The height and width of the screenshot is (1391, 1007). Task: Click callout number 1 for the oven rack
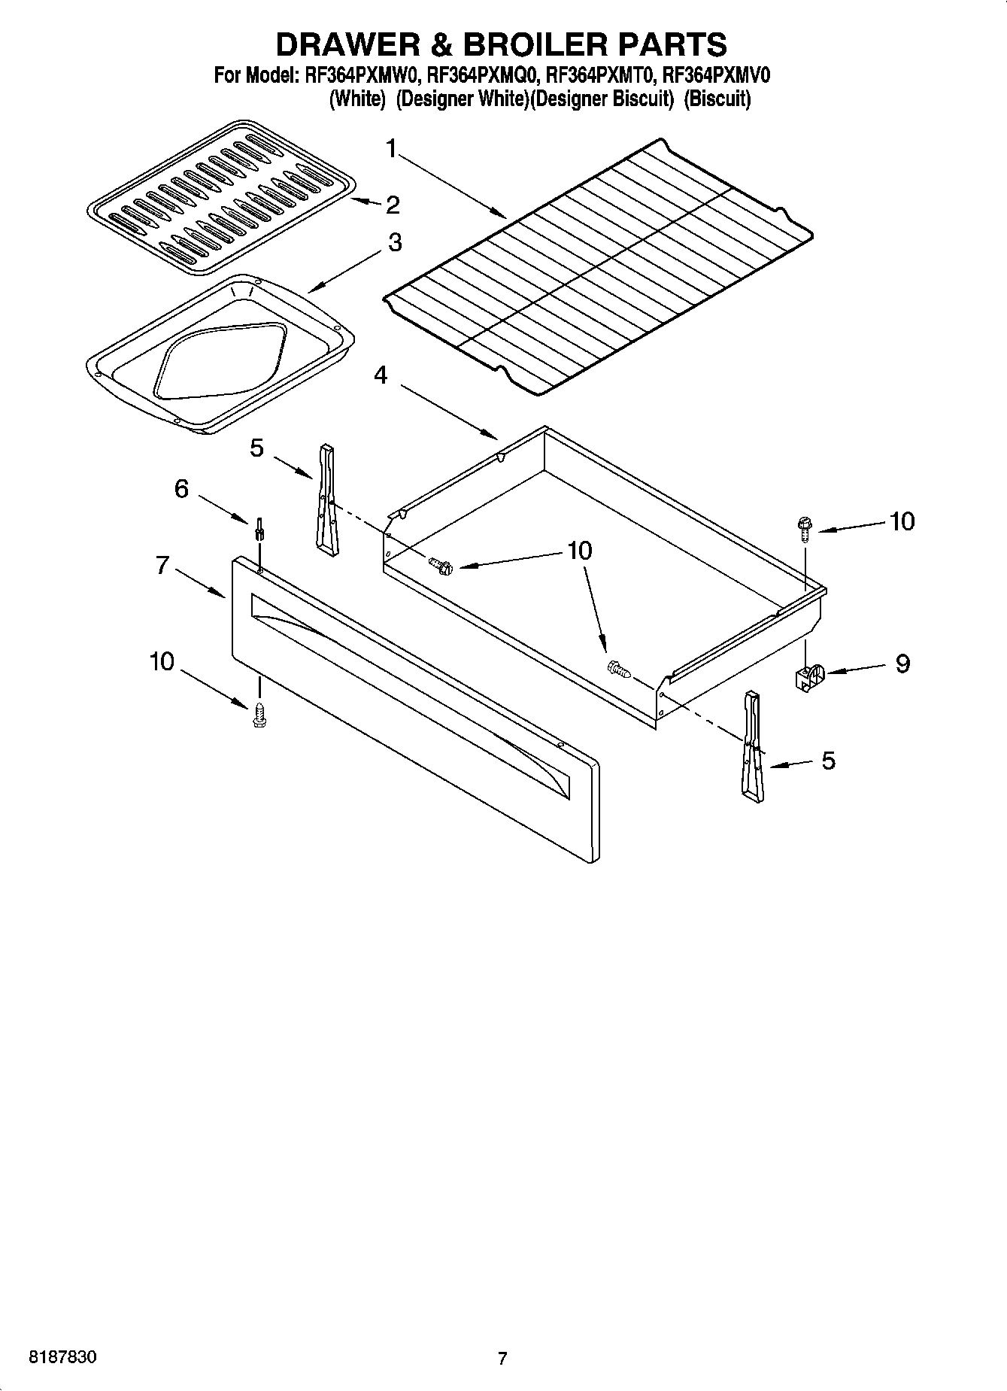(x=390, y=149)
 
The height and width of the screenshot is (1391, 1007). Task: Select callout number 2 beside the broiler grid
(x=392, y=205)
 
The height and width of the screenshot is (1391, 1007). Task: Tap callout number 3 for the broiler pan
(x=394, y=242)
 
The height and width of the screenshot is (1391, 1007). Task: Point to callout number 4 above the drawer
(x=381, y=375)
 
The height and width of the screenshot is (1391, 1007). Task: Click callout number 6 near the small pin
(x=181, y=489)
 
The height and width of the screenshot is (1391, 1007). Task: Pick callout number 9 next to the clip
(x=902, y=664)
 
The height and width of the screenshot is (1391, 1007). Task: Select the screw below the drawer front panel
(x=260, y=714)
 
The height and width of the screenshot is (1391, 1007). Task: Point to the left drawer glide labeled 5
(x=326, y=500)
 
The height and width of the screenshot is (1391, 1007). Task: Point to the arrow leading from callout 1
(x=451, y=186)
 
